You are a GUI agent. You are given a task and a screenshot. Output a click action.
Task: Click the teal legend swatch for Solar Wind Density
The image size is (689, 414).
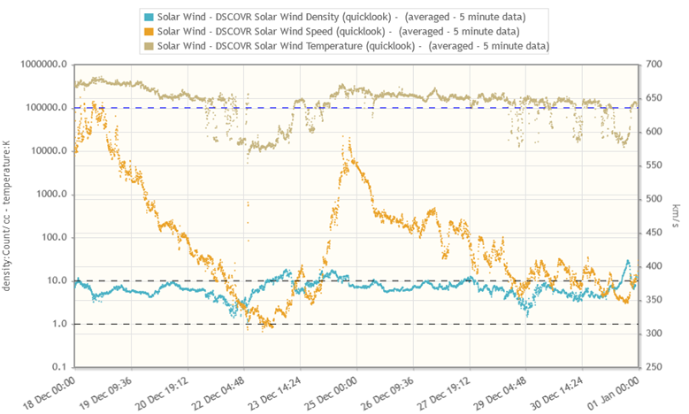click(148, 17)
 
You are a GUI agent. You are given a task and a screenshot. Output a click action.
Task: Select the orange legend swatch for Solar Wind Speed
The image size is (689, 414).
click(148, 31)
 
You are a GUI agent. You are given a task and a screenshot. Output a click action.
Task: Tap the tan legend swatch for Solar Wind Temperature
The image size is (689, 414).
click(148, 45)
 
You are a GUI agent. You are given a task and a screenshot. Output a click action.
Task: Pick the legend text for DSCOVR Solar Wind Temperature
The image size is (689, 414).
click(353, 45)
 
